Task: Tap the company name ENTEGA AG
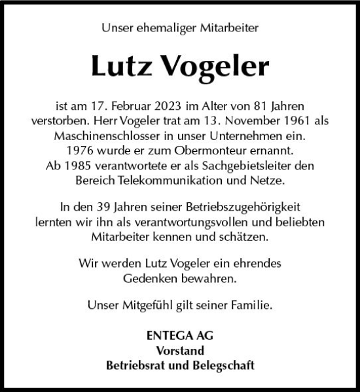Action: [180, 336]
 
